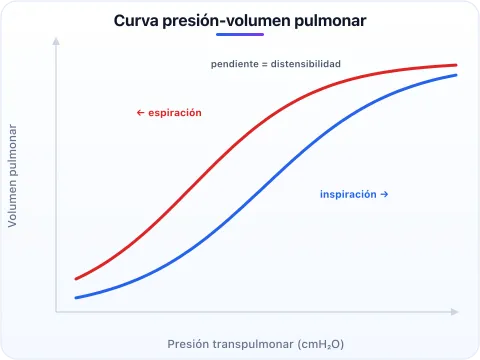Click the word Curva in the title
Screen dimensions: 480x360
click(136, 21)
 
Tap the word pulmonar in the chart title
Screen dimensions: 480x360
click(330, 21)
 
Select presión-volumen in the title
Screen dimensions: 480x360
click(226, 21)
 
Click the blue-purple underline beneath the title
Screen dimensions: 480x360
click(240, 34)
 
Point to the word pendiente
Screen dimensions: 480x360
click(235, 64)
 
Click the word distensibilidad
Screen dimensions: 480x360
click(306, 64)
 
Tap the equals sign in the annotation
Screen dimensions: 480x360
click(265, 64)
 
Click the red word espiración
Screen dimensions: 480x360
click(175, 113)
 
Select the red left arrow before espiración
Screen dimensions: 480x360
click(140, 113)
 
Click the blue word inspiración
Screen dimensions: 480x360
click(348, 194)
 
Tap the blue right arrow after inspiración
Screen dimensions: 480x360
click(384, 194)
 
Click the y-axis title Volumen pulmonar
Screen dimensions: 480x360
click(12, 176)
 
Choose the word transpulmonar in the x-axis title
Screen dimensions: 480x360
click(253, 344)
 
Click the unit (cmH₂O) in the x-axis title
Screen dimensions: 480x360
click(320, 344)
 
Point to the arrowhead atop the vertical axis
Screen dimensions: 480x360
click(56, 41)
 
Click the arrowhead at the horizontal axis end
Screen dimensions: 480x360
click(454, 312)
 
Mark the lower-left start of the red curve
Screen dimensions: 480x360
click(76, 279)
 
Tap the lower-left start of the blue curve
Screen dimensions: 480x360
click(76, 298)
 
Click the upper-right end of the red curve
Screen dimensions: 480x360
click(456, 65)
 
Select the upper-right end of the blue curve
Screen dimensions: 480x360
click(456, 75)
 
